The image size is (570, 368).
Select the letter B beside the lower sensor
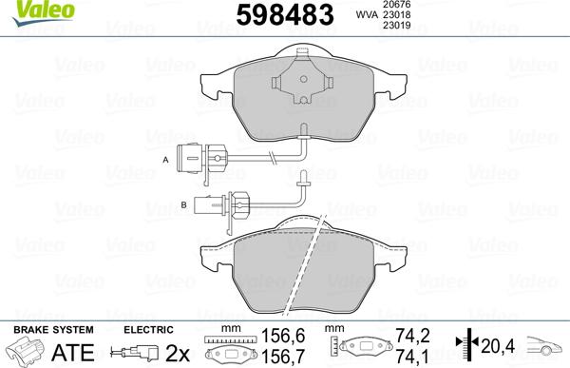tap(183, 203)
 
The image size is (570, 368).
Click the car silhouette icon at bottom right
tap(548, 347)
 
